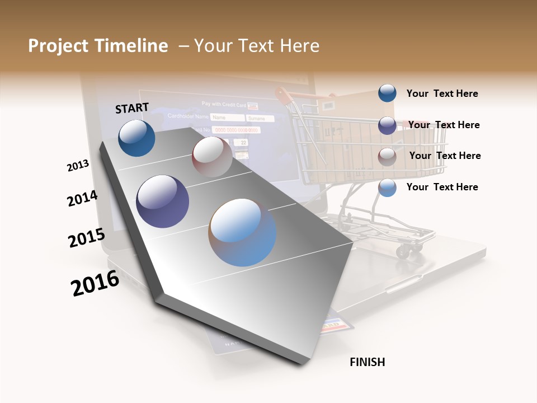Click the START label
tap(132, 108)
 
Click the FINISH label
tap(368, 362)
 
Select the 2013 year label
tap(78, 166)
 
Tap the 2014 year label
tap(83, 198)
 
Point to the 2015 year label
tap(87, 237)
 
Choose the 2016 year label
tap(95, 283)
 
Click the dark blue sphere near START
tap(136, 138)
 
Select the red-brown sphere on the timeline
tap(211, 157)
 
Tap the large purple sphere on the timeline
tap(163, 201)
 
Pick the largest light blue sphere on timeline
tap(242, 232)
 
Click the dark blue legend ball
tap(387, 93)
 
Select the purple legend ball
tap(387, 125)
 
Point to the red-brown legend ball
tap(387, 157)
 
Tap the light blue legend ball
tap(387, 188)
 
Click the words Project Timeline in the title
tap(98, 46)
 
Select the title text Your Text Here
tap(257, 46)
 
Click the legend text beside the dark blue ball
tap(442, 93)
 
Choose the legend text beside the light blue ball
tap(442, 187)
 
